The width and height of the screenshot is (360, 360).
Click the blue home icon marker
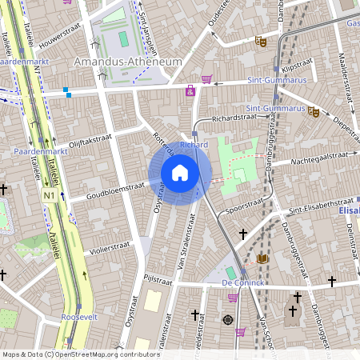point(180,173)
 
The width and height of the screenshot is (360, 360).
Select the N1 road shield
point(50,195)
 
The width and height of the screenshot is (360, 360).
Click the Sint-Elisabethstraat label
point(321,202)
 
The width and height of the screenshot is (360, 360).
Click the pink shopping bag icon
point(190,91)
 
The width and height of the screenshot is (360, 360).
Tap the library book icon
point(262,258)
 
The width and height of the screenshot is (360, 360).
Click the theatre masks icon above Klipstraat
point(260,40)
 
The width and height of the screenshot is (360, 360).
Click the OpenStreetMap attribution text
point(80,354)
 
